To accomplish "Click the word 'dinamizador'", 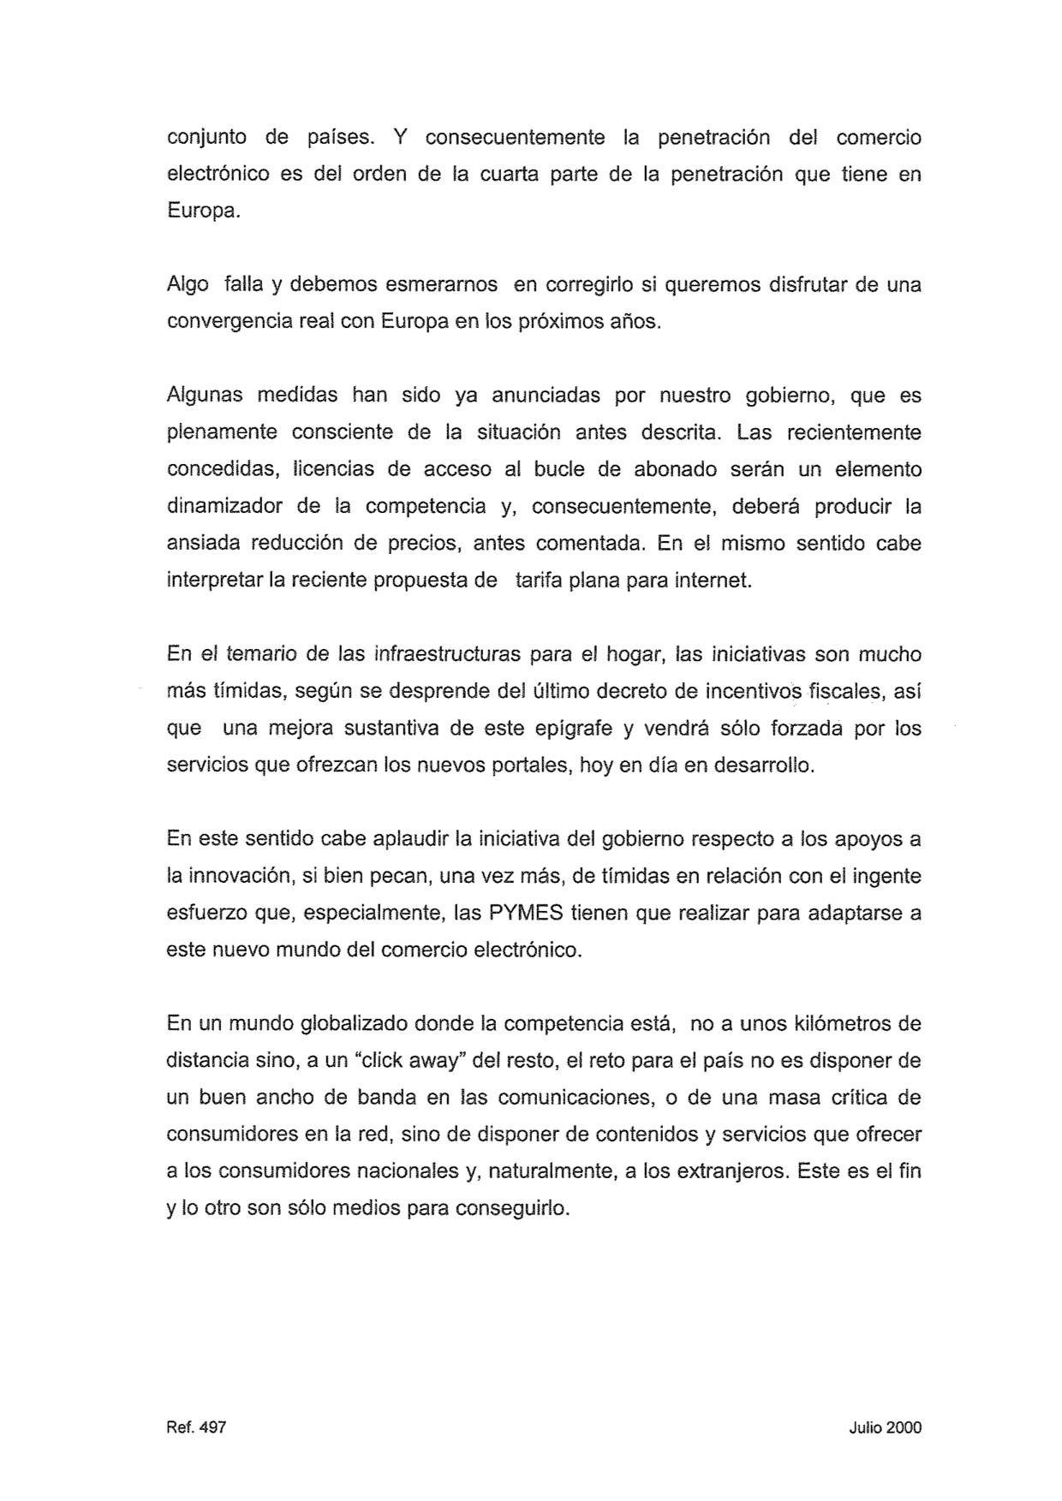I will [224, 506].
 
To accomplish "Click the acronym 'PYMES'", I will [525, 913].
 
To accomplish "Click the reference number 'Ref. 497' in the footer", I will [196, 1427].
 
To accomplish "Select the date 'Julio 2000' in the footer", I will [886, 1427].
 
